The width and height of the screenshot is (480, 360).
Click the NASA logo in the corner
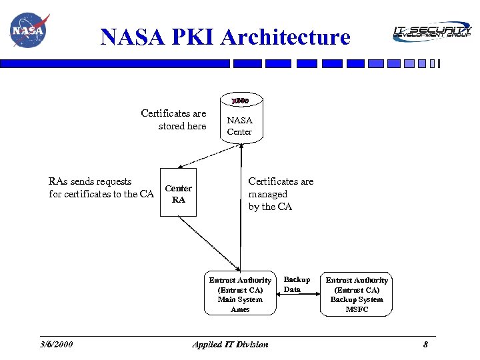(29, 31)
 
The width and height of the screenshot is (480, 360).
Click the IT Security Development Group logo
(431, 31)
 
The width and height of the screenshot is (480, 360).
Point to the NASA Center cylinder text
(239, 126)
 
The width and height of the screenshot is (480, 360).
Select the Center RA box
(179, 194)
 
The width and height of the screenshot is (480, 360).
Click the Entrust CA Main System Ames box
(240, 295)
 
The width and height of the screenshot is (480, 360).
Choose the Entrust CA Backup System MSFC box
(357, 295)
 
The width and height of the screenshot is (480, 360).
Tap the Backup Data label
(297, 285)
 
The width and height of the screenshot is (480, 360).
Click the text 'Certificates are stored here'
(174, 120)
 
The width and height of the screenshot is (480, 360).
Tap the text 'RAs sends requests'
(90, 181)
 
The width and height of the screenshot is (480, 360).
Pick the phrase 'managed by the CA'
(270, 201)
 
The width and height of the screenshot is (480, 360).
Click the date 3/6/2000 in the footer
(57, 345)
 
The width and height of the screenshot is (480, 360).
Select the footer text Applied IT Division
(230, 345)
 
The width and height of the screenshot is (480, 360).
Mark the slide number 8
(425, 345)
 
